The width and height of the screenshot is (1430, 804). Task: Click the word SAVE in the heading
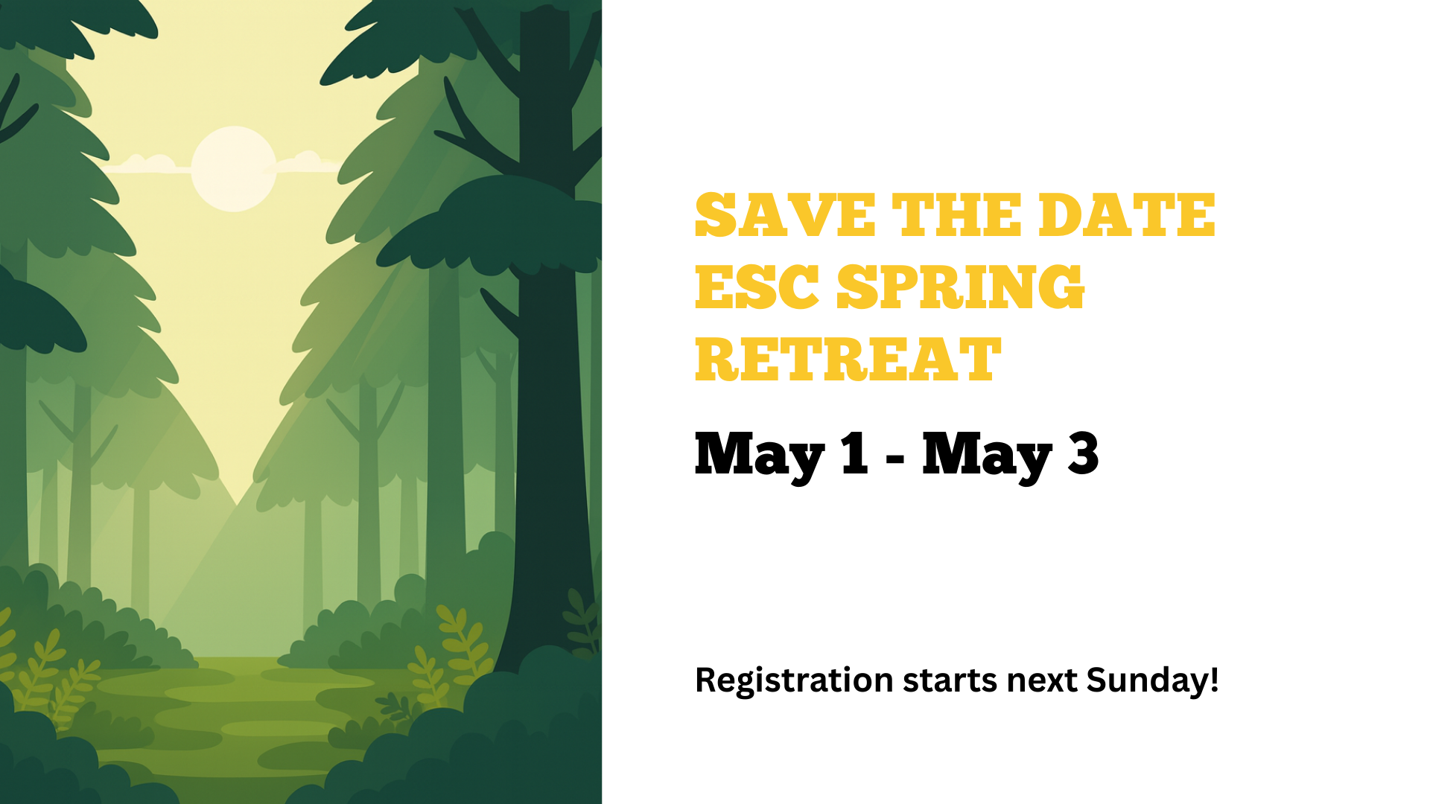pos(785,215)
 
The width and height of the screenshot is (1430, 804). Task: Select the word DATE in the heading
pos(1126,215)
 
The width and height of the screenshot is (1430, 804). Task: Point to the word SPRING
pos(961,287)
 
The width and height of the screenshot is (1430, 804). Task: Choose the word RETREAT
pos(848,360)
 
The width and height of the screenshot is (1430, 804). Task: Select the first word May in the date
pos(760,456)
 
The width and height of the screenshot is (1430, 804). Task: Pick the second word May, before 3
pos(987,456)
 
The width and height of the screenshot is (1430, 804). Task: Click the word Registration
pos(794,680)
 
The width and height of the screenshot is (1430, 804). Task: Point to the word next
pos(1041,680)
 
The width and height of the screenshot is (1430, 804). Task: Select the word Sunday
pos(1147,680)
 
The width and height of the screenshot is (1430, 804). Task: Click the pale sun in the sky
pos(234,169)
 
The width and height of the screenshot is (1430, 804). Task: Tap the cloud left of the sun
pos(150,164)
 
